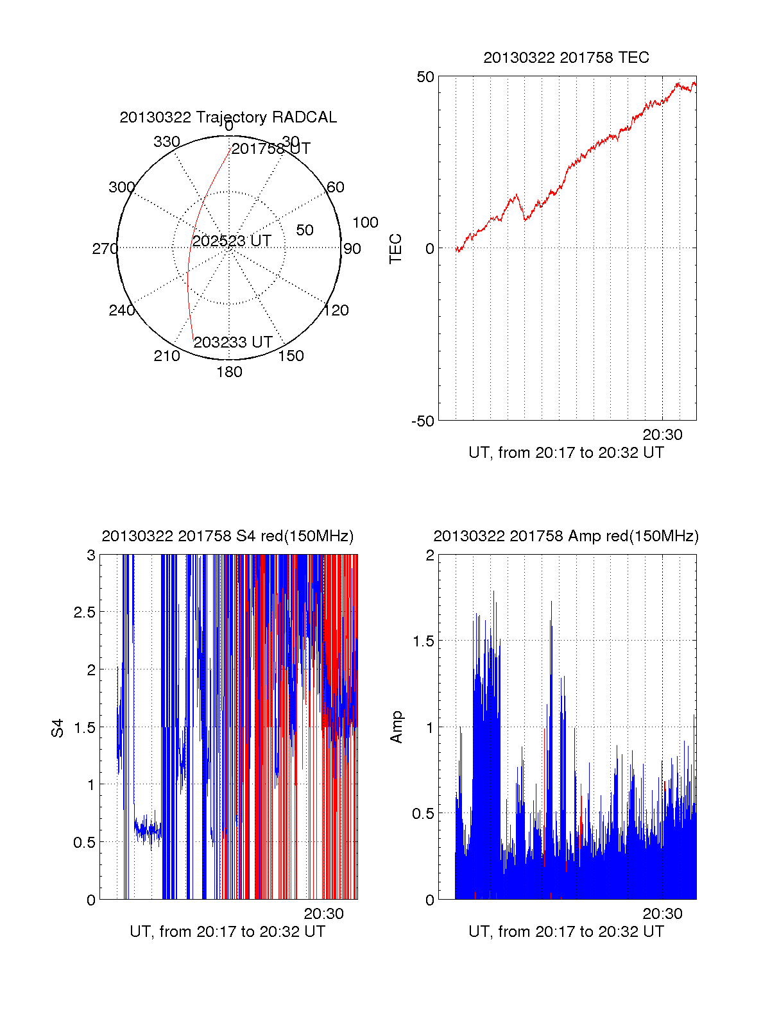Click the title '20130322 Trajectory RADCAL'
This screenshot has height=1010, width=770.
point(228,117)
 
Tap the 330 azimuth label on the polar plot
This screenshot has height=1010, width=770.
point(167,142)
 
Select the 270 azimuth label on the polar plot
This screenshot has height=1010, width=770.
point(105,249)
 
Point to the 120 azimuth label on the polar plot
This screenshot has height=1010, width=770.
point(336,310)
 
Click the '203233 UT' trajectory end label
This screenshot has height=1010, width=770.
point(233,342)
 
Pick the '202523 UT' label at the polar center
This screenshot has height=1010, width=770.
point(232,241)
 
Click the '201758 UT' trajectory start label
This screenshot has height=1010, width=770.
point(271,149)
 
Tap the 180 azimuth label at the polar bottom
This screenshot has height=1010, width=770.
point(229,372)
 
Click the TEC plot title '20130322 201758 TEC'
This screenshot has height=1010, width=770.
point(566,58)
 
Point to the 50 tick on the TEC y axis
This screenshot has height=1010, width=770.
point(425,77)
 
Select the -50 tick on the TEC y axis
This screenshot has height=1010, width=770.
point(423,421)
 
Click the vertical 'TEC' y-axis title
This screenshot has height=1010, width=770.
point(396,249)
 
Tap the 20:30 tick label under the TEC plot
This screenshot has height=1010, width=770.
point(662,435)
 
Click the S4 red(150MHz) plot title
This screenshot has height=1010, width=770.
point(228,536)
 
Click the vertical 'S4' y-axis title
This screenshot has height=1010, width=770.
point(58,728)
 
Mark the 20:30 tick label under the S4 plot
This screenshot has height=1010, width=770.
point(323,914)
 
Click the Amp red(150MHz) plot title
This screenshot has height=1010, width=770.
point(566,536)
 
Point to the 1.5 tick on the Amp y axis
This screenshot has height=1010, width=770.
point(423,641)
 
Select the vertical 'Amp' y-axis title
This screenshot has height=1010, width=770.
point(397,727)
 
